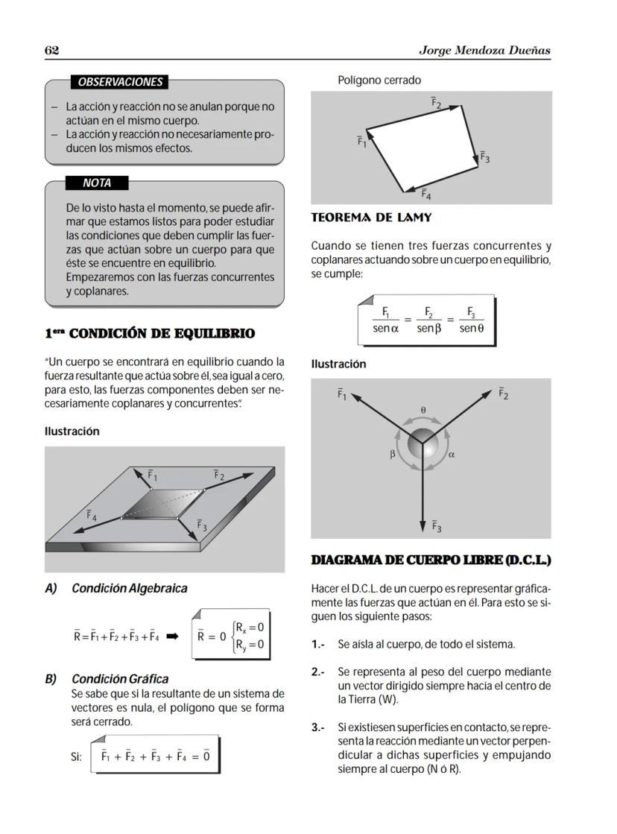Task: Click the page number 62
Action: [51, 50]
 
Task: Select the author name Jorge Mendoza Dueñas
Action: [484, 50]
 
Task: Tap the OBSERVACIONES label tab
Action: [119, 82]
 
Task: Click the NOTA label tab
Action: [97, 183]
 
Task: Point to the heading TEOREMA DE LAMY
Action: [371, 218]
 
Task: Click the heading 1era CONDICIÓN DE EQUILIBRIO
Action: [149, 334]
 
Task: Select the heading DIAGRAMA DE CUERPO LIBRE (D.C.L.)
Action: [431, 560]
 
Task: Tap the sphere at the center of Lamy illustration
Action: [423, 443]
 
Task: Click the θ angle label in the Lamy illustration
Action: [423, 410]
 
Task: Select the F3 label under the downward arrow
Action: [437, 527]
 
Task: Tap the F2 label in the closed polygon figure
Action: [436, 102]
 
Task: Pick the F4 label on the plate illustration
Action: [91, 515]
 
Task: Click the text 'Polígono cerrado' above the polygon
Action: [379, 80]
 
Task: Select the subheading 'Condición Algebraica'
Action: [129, 588]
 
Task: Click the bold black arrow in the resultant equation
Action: [172, 636]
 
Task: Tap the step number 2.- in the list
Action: [318, 672]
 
